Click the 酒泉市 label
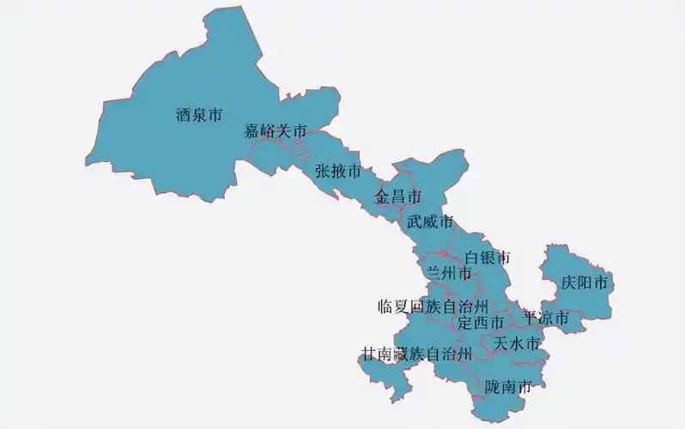pyautogui.click(x=198, y=112)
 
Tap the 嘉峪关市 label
pyautogui.click(x=276, y=131)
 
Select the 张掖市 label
pyautogui.click(x=337, y=170)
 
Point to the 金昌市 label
pyautogui.click(x=398, y=197)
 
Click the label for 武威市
pyautogui.click(x=430, y=222)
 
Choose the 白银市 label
pyautogui.click(x=487, y=257)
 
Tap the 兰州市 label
pyautogui.click(x=449, y=273)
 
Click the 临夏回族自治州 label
pyautogui.click(x=433, y=305)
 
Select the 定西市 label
pyautogui.click(x=481, y=323)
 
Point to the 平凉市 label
pyautogui.click(x=546, y=317)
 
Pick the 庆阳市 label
pyautogui.click(x=585, y=281)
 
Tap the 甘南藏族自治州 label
pyautogui.click(x=416, y=353)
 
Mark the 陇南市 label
pyautogui.click(x=508, y=386)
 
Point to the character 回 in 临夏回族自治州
pyautogui.click(x=417, y=305)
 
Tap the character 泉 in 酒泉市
pyautogui.click(x=198, y=112)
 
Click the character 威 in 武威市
pyautogui.click(x=430, y=222)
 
